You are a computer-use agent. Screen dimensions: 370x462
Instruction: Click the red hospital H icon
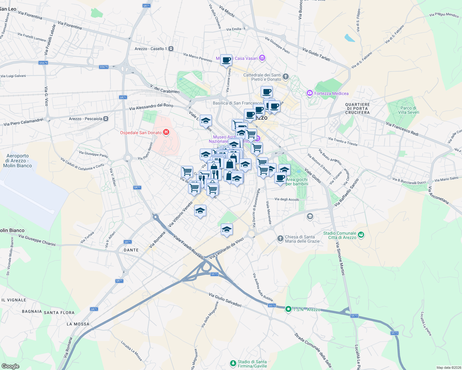(166, 132)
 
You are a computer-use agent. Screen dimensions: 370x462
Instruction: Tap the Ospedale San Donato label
(141, 133)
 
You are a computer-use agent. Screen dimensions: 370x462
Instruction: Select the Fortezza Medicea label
(331, 93)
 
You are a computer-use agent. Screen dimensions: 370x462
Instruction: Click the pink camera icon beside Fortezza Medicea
(309, 93)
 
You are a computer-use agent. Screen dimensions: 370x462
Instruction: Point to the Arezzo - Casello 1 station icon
(171, 49)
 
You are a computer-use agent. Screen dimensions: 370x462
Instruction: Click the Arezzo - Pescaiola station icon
(106, 119)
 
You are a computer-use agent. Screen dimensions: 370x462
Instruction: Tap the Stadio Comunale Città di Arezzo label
(340, 235)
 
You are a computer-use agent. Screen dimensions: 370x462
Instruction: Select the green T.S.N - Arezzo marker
(288, 309)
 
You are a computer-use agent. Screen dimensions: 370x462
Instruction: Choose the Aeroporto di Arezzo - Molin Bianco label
(18, 161)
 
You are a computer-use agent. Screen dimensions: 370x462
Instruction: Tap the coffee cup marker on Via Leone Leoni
(226, 60)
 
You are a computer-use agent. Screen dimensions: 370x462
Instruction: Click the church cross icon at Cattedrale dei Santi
(286, 76)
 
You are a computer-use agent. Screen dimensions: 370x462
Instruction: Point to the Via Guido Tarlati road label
(316, 54)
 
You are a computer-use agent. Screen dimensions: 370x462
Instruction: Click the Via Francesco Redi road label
(402, 129)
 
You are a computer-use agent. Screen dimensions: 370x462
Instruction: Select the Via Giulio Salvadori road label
(225, 300)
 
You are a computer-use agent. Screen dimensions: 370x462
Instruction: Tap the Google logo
(10, 366)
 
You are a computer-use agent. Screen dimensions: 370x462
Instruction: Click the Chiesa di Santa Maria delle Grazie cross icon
(280, 238)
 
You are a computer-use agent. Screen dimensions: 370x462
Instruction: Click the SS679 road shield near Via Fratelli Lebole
(43, 63)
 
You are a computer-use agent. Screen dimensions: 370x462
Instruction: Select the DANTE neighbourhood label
(131, 250)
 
